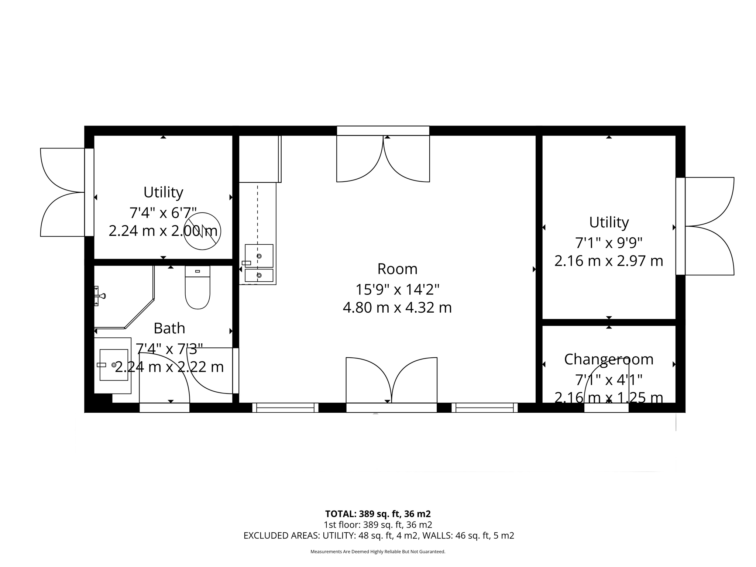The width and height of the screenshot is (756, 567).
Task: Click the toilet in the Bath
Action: [197, 290]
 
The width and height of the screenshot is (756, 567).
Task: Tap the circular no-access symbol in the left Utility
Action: [202, 231]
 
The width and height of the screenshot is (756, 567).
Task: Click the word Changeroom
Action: [609, 359]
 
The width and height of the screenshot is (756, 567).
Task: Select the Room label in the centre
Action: [397, 269]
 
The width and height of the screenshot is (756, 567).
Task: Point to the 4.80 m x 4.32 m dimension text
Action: [397, 307]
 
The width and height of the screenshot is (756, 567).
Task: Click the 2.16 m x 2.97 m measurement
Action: [609, 261]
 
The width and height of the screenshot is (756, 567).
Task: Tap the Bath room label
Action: [169, 328]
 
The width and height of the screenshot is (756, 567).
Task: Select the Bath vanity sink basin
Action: [114, 365]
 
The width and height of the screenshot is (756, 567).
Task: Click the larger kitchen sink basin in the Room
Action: [259, 255]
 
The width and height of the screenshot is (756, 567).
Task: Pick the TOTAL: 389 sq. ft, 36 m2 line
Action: [378, 513]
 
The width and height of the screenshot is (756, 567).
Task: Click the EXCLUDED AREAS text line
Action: [379, 535]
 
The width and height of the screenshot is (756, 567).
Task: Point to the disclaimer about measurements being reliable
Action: [378, 551]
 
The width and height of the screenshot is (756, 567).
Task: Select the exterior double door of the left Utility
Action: [63, 192]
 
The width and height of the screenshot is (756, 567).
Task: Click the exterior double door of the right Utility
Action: [709, 226]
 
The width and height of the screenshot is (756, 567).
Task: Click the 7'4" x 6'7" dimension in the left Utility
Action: [163, 213]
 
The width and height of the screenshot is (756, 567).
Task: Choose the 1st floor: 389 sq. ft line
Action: [378, 525]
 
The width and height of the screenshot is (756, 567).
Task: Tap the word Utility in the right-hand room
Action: [609, 222]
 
